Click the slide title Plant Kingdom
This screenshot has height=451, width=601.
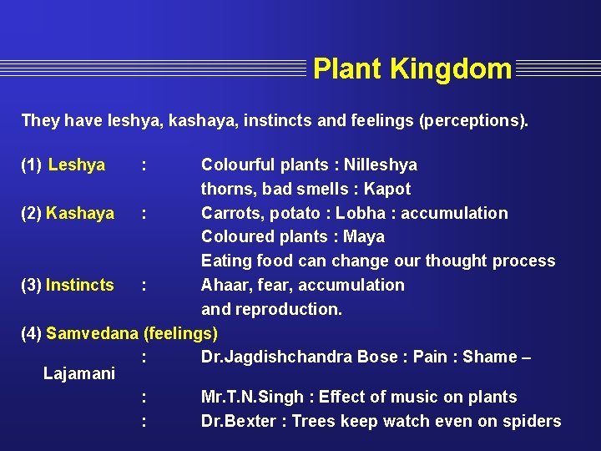point(412,68)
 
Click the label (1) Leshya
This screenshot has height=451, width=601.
point(63,165)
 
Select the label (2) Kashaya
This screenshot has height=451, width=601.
point(68,213)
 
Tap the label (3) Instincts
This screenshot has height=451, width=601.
point(68,285)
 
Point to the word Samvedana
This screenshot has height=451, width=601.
point(92,333)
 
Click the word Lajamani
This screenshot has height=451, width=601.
point(78,373)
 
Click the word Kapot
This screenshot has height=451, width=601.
point(386,189)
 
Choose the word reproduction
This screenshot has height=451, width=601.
point(289,309)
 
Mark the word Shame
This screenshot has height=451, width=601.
point(489,357)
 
